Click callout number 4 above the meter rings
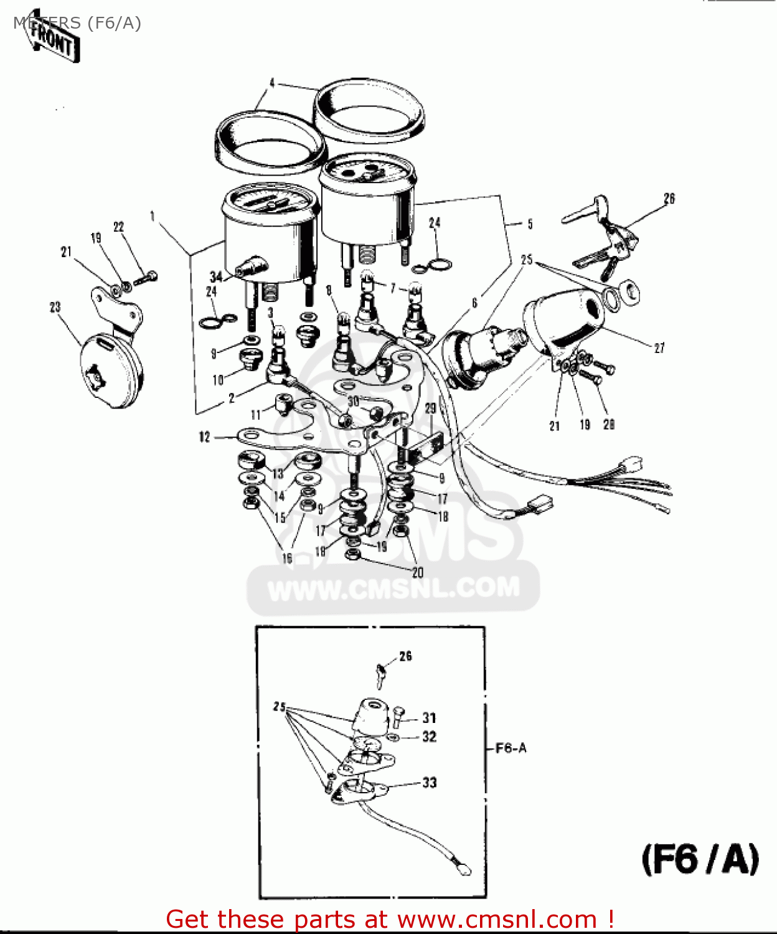272,83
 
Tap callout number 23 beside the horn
55,306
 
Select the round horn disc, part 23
111,370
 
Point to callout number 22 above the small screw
118,227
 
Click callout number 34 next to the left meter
216,276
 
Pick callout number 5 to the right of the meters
530,224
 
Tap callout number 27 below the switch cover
659,348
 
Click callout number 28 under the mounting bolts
608,425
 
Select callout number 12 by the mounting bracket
205,437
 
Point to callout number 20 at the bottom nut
417,572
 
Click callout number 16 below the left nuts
287,558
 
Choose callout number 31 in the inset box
429,718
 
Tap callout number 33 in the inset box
429,783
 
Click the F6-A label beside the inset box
511,748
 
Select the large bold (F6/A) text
700,860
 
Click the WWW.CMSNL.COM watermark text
393,588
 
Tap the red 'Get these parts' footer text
390,919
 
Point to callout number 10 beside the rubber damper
218,379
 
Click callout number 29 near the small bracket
430,408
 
